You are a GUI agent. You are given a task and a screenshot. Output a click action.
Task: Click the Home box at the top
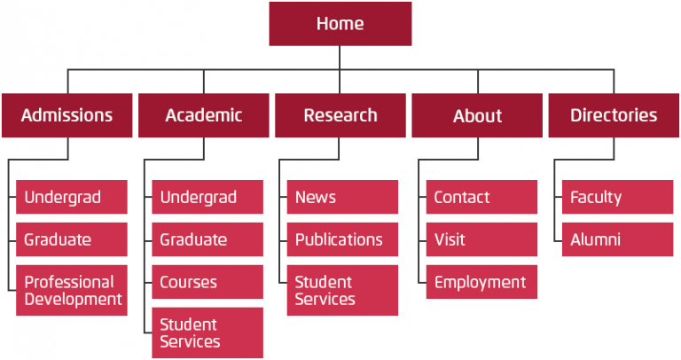pos(340,24)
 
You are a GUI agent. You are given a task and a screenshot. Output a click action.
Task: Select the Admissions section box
pos(67,115)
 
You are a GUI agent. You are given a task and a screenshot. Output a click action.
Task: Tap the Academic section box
pos(204,115)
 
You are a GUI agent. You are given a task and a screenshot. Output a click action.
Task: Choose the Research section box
pos(340,115)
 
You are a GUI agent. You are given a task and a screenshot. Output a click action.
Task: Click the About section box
pos(477,115)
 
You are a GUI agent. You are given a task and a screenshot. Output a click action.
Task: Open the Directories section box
pos(614,115)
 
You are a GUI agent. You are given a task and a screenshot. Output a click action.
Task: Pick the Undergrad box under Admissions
pos(72,197)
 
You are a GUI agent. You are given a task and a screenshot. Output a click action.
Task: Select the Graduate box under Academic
pos(207,239)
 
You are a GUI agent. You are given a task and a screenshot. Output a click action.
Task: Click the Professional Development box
pos(72,290)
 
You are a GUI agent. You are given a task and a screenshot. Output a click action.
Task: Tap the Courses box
pos(207,282)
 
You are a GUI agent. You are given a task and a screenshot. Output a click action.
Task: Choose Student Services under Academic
pos(207,333)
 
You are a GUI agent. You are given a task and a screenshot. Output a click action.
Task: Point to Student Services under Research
pos(342,290)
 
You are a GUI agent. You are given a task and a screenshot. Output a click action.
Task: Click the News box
pos(342,197)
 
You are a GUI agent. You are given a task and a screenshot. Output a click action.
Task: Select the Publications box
pos(342,239)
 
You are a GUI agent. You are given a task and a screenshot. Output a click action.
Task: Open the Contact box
pos(481,197)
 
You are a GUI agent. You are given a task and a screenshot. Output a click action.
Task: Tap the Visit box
pos(481,239)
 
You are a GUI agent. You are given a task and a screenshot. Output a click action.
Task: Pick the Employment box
pos(481,282)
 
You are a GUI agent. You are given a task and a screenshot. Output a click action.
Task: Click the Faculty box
pos(617,197)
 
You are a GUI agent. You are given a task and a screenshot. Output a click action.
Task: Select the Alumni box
pos(617,239)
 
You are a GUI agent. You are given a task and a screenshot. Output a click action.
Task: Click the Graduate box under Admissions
pos(72,239)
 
